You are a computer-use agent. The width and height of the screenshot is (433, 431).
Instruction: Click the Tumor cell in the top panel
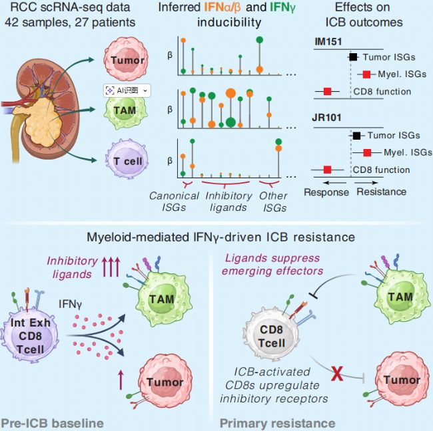(x=129, y=60)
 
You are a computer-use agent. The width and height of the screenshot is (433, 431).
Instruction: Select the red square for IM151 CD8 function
(x=327, y=91)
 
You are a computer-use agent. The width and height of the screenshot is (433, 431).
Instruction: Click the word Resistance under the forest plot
(x=382, y=192)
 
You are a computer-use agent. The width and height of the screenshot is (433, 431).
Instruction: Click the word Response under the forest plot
(x=326, y=192)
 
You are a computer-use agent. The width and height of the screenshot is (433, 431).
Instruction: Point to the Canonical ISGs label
(x=174, y=202)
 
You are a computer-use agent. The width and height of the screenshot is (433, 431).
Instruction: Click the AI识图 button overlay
(x=126, y=90)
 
